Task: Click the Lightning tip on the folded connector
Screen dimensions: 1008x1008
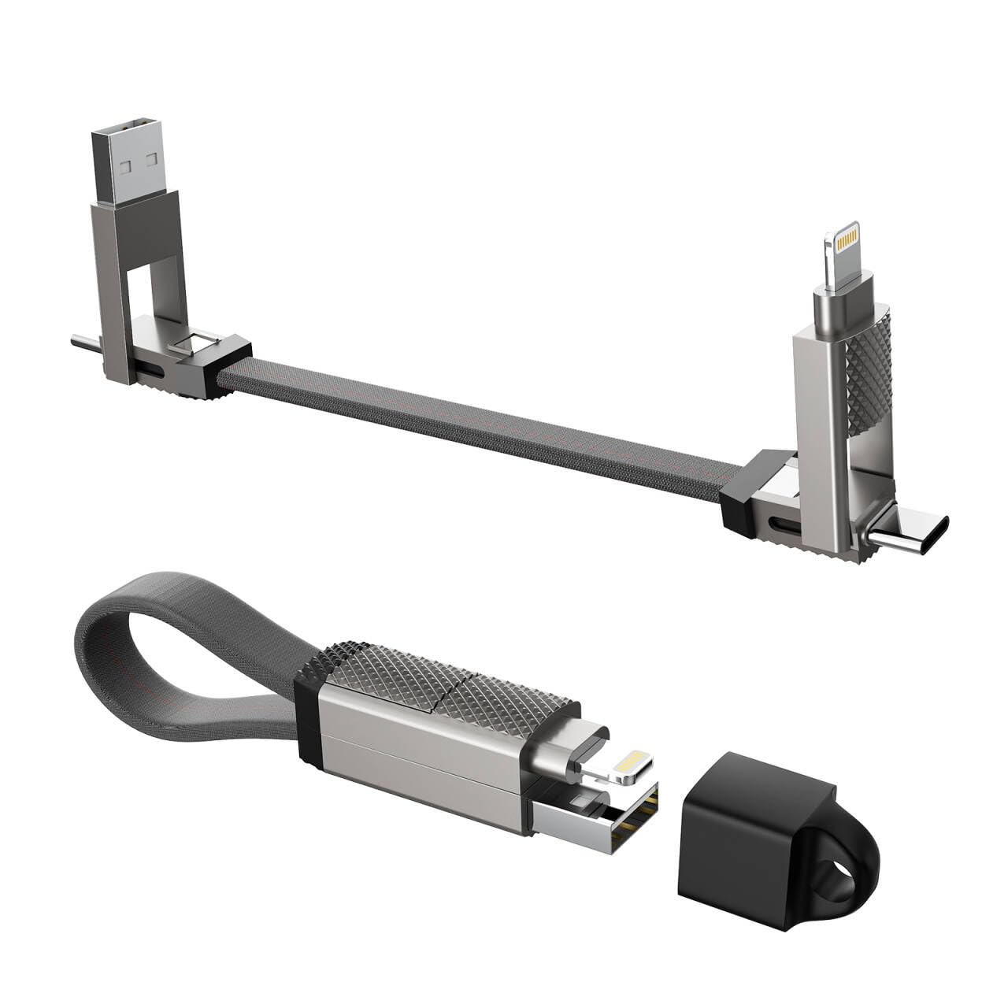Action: click(630, 768)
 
